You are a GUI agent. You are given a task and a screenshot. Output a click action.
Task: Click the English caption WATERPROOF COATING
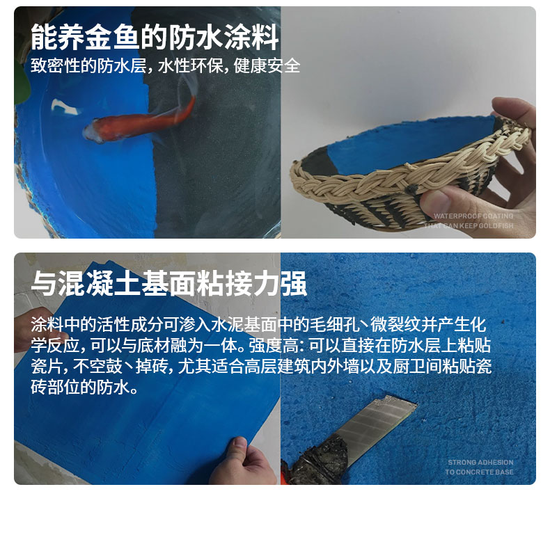pyautogui.click(x=473, y=216)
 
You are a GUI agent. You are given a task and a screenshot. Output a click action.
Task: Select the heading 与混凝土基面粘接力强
pyautogui.click(x=168, y=285)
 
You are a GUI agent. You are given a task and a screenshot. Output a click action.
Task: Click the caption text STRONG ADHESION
pyautogui.click(x=480, y=462)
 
